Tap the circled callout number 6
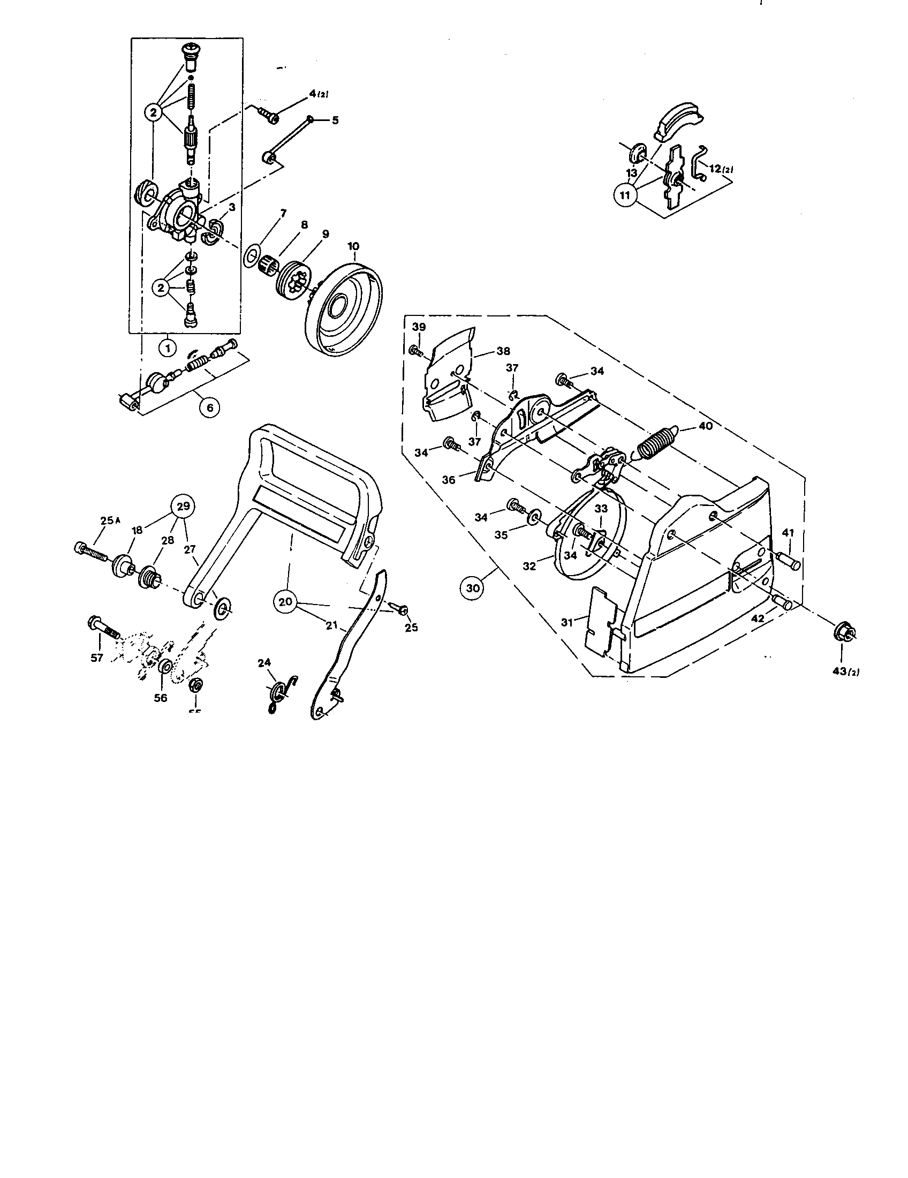210,408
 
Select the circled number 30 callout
472,588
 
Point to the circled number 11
625,196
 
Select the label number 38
503,351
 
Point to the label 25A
111,520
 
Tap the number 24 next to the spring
263,663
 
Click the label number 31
566,622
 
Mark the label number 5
335,120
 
